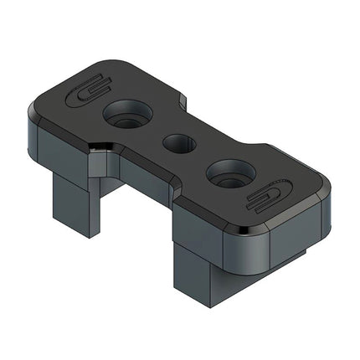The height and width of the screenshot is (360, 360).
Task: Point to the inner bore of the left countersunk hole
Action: tap(127, 119)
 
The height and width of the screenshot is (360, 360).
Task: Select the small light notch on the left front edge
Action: tap(100, 148)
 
